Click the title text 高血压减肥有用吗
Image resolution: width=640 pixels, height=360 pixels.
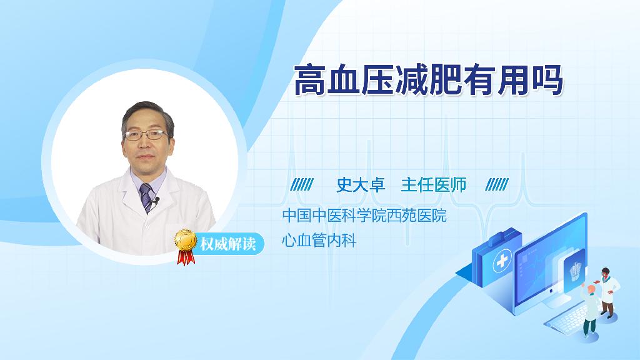(429, 80)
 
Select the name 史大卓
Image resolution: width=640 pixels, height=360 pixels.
(361, 185)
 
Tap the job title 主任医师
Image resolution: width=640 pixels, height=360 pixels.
(434, 185)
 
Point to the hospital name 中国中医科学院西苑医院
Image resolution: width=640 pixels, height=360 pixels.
(364, 215)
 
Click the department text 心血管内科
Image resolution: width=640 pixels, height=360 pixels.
(319, 240)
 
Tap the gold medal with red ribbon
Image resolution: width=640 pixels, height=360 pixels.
(185, 246)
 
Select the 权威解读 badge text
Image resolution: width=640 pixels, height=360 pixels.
(227, 244)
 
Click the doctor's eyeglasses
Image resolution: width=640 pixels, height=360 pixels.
(146, 135)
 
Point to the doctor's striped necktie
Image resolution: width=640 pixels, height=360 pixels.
(146, 197)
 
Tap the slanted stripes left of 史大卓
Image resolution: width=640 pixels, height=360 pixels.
(302, 184)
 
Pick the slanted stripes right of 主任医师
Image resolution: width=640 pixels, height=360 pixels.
(497, 184)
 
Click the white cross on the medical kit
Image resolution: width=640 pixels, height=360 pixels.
(502, 261)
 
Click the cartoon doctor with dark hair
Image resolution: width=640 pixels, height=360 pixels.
(607, 292)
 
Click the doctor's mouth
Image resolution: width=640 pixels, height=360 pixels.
(145, 157)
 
